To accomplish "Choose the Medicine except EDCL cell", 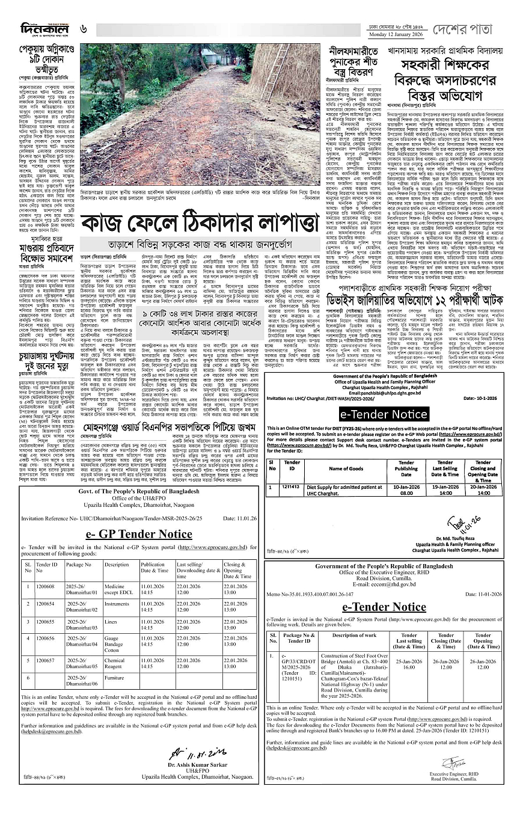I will (118, 588).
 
